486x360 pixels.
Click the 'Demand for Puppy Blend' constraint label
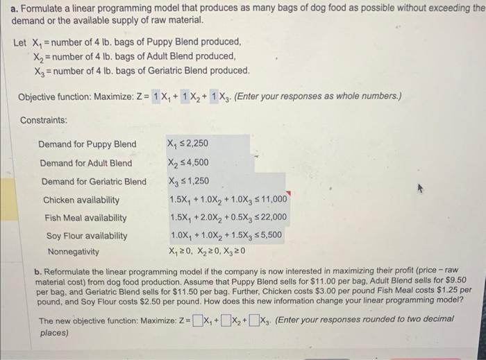(x=87, y=144)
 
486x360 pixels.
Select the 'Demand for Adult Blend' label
(x=86, y=163)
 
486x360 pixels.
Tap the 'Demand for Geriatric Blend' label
(x=94, y=182)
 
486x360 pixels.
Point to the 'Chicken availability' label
(x=81, y=200)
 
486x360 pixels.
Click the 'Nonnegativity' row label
(x=74, y=251)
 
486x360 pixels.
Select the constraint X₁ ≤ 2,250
(x=187, y=144)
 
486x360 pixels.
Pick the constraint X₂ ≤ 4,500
(x=188, y=163)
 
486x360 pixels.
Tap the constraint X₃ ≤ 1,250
(x=188, y=182)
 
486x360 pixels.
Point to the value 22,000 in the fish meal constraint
(x=272, y=218)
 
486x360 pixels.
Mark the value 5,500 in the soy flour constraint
(x=269, y=235)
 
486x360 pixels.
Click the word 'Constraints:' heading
(x=44, y=120)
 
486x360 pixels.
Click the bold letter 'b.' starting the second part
(x=37, y=270)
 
